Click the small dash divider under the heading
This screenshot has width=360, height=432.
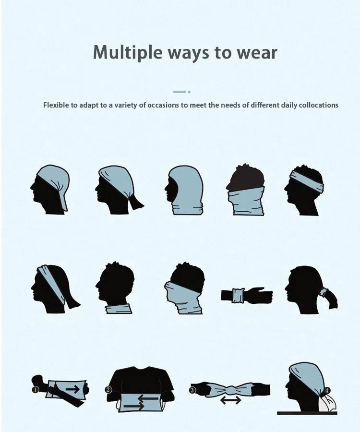click(181, 92)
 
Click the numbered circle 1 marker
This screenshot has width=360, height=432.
click(35, 390)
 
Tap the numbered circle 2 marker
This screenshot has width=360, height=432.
click(108, 390)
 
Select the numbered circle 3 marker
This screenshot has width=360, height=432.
click(192, 390)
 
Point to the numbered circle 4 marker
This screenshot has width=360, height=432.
click(327, 390)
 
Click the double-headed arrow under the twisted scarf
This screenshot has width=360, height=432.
click(230, 400)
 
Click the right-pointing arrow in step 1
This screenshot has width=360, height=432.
click(72, 389)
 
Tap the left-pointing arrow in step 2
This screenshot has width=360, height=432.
click(148, 398)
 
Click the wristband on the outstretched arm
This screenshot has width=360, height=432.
click(238, 295)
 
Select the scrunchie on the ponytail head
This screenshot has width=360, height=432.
click(324, 293)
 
